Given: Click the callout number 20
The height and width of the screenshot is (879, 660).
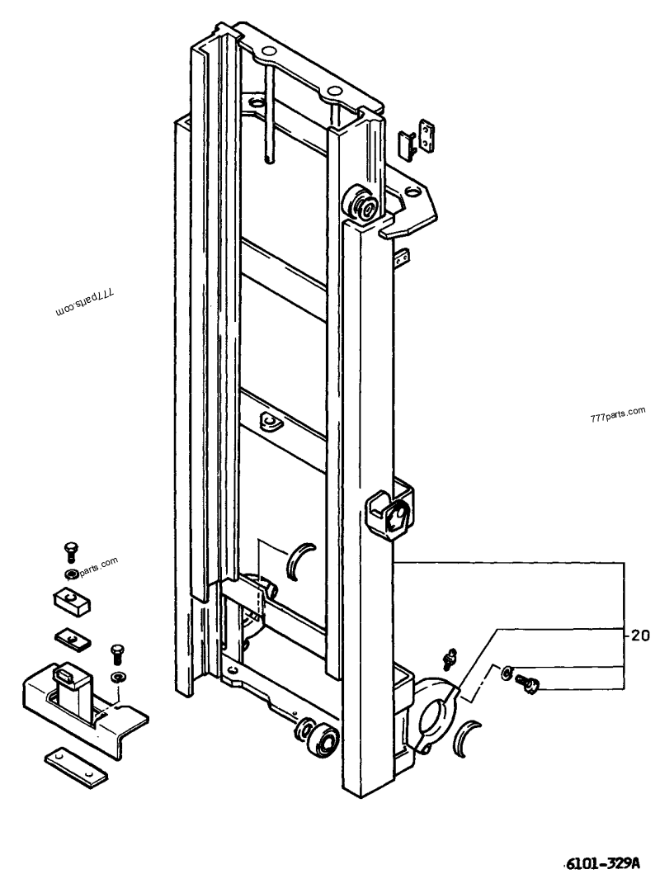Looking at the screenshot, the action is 640,636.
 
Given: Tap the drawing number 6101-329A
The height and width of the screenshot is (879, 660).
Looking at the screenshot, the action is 605,862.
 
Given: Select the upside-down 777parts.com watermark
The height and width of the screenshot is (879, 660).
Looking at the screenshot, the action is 85,300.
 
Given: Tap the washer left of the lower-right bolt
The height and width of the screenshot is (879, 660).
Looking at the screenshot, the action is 507,670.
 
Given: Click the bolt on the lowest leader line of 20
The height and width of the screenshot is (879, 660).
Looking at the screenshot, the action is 526,683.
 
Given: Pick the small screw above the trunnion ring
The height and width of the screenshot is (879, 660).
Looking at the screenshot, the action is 450,658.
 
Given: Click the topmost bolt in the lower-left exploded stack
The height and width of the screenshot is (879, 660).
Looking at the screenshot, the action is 71,551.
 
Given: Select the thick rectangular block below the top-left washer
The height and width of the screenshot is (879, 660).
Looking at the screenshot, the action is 73,602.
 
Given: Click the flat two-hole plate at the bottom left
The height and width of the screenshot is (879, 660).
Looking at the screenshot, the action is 76,766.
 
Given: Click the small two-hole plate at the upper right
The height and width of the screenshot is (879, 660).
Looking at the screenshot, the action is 427,135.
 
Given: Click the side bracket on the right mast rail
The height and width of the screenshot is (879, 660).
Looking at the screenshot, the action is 389,512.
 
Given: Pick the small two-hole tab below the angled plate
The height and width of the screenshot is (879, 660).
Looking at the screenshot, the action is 403,258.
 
